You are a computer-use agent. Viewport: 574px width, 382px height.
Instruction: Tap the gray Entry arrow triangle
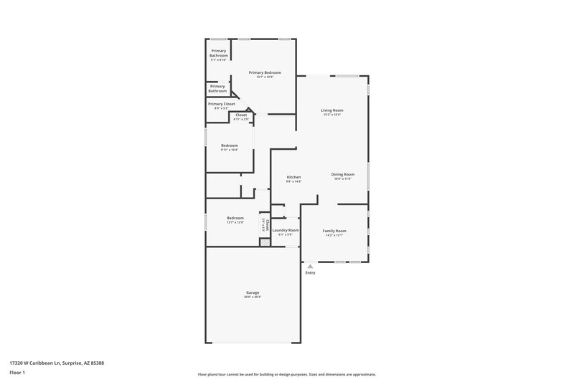point(310,266)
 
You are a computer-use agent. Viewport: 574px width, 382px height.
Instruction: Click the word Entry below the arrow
point(310,272)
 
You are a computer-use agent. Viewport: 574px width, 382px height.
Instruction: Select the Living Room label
point(331,110)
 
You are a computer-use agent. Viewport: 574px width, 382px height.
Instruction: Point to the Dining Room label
point(343,174)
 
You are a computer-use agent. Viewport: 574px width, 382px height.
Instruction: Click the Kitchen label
point(293,177)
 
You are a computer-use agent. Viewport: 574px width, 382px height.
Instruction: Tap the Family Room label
point(334,230)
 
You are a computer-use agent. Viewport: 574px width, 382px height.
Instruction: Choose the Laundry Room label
point(286,230)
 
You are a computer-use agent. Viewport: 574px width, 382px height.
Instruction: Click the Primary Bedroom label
point(265,72)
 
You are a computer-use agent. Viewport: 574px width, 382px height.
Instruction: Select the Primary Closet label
point(221,104)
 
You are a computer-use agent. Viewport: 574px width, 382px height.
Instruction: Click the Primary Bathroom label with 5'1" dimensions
point(218,53)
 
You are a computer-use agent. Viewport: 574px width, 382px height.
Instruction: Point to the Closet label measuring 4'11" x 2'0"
point(241,115)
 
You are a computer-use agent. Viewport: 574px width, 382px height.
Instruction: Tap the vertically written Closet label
point(267,223)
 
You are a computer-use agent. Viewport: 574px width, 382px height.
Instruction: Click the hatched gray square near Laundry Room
point(265,242)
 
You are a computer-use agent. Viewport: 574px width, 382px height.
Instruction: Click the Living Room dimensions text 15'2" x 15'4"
point(331,115)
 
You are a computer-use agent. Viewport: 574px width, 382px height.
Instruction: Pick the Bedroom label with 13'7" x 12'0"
point(235,218)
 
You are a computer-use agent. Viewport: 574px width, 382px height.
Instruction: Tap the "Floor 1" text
point(18,373)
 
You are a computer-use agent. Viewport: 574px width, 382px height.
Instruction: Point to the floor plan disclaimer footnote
point(286,374)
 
